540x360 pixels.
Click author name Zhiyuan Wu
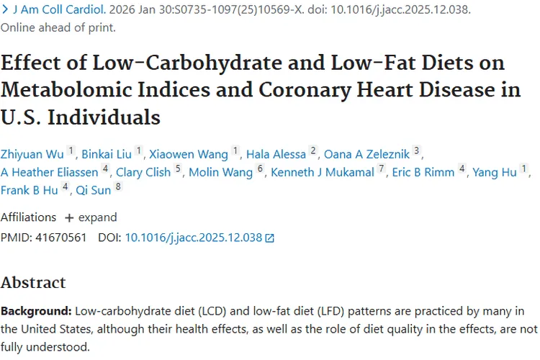tap(32, 153)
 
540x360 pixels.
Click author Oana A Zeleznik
tap(366, 153)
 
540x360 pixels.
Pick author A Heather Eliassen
tap(49, 172)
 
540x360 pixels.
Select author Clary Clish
tap(143, 172)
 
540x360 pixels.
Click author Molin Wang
tap(220, 172)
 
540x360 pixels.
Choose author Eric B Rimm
tap(423, 172)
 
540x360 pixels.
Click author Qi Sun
tap(92, 191)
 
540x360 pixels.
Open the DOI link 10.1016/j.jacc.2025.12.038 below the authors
tap(194, 237)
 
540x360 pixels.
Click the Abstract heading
tap(33, 282)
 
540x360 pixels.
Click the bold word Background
tap(35, 311)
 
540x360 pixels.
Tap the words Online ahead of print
tap(58, 28)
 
